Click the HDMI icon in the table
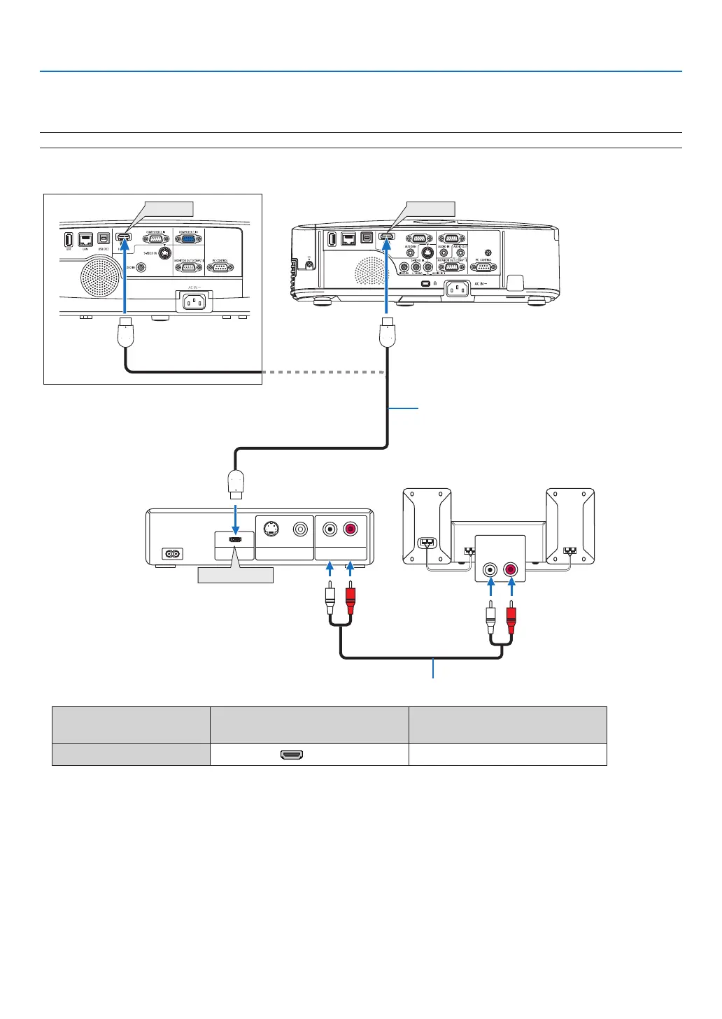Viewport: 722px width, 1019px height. (291, 755)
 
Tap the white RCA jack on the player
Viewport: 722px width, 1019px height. (329, 530)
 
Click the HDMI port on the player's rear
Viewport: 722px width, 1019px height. (236, 540)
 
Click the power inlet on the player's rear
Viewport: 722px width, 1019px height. (171, 554)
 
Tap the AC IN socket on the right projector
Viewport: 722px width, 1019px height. (458, 288)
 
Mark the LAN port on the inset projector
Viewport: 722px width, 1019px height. (86, 238)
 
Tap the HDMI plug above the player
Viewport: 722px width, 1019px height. (236, 483)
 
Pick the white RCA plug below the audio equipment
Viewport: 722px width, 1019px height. (491, 619)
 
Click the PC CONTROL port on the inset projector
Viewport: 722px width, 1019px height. (220, 267)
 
